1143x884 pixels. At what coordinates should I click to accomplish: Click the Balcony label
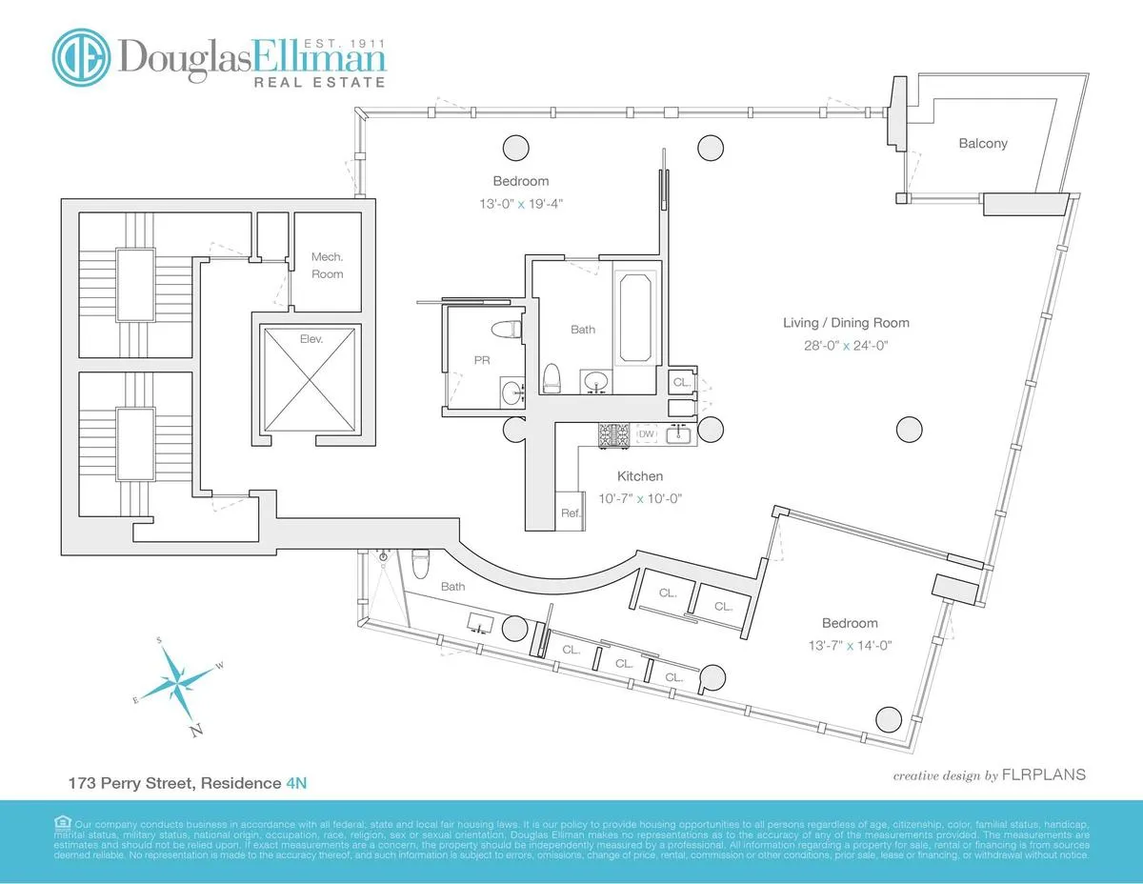coord(982,144)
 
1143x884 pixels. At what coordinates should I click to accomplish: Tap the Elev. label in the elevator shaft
coord(311,337)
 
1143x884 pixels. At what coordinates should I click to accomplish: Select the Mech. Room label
coord(327,265)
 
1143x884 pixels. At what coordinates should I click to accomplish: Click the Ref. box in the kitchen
coord(570,512)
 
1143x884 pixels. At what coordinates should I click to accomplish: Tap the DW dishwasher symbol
coord(646,434)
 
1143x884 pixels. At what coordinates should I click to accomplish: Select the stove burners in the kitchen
coord(612,435)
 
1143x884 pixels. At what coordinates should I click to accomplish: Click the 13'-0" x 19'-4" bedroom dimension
coord(520,203)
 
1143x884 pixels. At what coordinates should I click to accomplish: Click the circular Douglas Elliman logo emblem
coord(82,56)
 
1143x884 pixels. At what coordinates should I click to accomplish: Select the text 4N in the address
coord(296,783)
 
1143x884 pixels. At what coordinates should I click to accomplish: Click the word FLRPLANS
coord(1043,774)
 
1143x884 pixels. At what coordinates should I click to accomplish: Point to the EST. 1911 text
coord(342,42)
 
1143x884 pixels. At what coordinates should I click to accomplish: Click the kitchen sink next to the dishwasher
coord(679,435)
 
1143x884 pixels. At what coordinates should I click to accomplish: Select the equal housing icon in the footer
coord(62,822)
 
